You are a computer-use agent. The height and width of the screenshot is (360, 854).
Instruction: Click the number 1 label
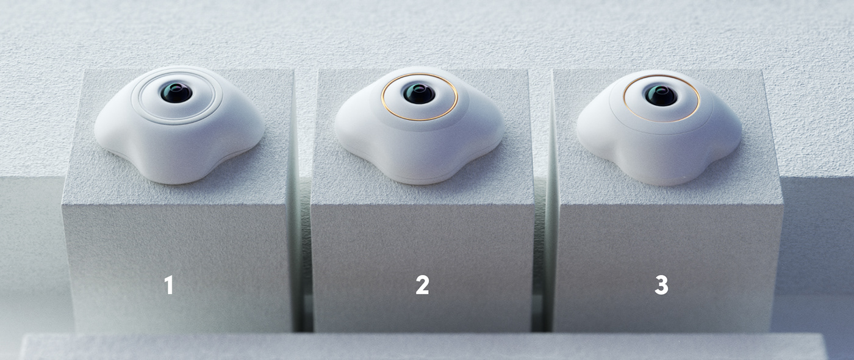click(x=168, y=285)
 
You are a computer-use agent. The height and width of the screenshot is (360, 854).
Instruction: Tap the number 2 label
click(x=422, y=285)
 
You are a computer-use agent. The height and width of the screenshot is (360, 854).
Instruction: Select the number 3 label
click(x=661, y=285)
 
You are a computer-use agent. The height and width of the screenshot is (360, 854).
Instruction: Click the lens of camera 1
click(x=176, y=93)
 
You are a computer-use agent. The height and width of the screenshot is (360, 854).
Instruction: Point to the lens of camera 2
click(x=419, y=93)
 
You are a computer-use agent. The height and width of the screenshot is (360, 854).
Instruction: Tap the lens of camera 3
click(x=661, y=95)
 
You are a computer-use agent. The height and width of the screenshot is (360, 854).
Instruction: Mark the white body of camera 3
click(x=659, y=156)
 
